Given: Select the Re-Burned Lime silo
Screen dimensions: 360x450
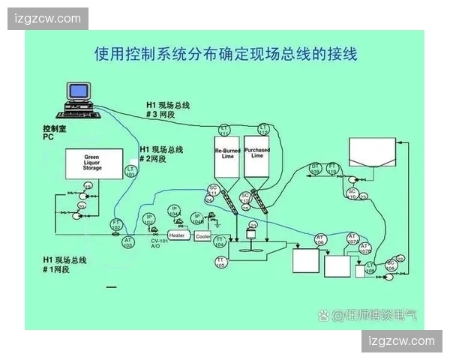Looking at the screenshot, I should point(226,156).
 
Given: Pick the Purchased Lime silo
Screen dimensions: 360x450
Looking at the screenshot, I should point(256,156).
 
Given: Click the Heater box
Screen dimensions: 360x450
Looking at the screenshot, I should point(177,235).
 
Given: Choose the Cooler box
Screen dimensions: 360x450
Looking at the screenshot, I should point(202,235).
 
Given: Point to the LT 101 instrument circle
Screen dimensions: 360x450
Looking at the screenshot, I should point(130,172).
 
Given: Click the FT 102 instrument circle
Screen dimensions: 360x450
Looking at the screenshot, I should point(117,223).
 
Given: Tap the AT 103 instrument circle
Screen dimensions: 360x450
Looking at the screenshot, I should point(127,241).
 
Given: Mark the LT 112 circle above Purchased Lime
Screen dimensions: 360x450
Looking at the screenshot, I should point(263,128).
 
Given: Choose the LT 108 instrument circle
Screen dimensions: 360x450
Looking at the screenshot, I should point(369,268).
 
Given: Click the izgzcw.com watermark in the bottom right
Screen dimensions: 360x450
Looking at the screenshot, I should point(401,341).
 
